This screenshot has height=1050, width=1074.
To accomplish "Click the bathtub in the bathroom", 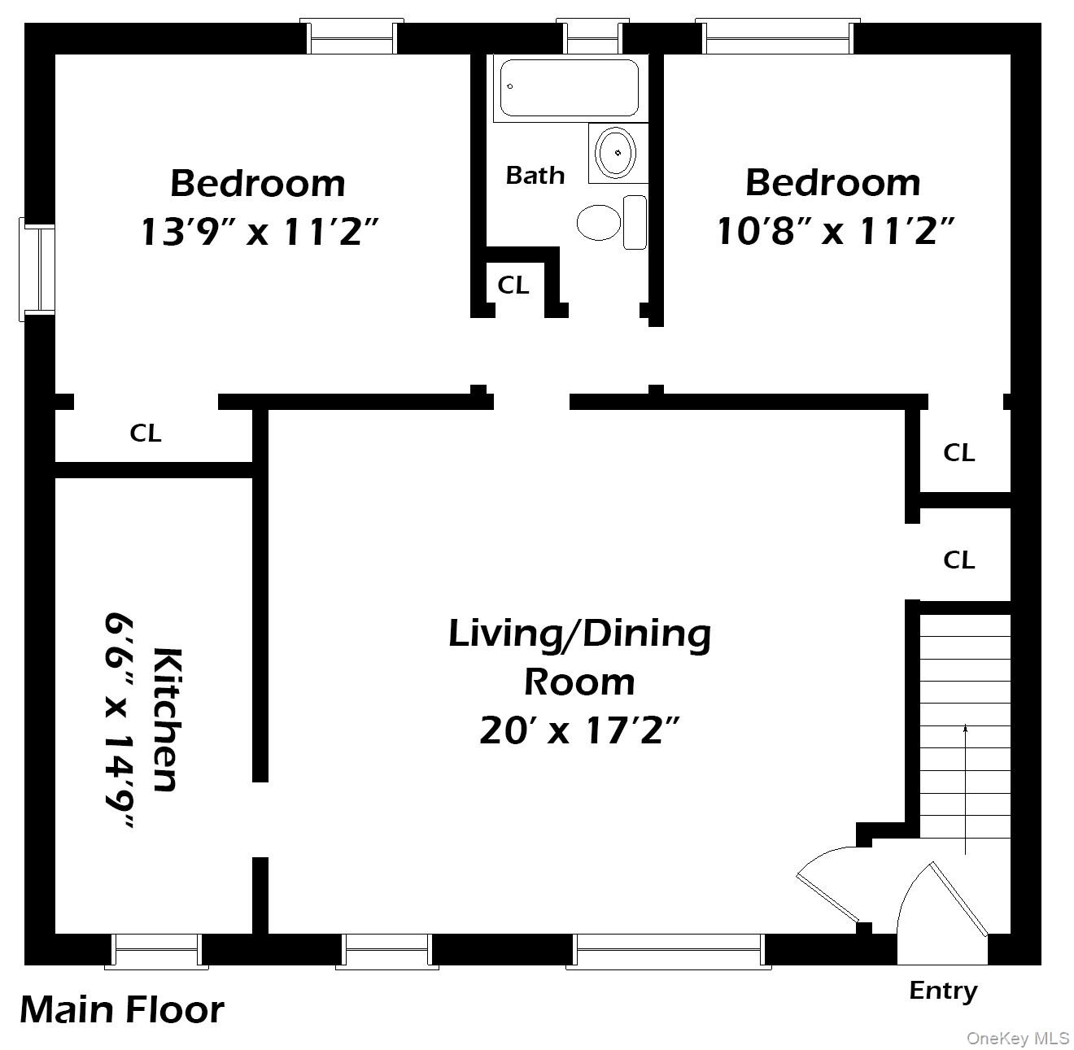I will point(569,88).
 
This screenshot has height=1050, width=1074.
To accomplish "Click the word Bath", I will point(535,175).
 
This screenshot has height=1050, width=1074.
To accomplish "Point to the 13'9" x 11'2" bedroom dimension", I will point(260,232).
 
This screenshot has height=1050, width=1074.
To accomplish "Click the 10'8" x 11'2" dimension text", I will point(833,232).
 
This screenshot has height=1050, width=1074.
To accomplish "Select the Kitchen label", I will point(166,719).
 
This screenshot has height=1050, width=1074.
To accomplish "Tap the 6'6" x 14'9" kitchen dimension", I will point(120,721).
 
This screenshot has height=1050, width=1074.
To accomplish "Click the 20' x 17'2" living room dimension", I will point(578,730).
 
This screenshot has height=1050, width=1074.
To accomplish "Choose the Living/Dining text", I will point(579,634).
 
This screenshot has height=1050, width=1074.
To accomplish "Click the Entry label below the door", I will point(942,991).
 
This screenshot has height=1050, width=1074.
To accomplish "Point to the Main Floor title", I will point(122,1009).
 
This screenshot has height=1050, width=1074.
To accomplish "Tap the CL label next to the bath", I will point(513,285).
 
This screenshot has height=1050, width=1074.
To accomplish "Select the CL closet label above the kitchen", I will point(146,434).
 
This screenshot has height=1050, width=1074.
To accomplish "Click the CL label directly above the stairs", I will point(958,560).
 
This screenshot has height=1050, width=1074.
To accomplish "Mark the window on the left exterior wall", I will point(37,269).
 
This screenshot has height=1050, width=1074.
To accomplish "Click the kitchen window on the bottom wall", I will point(156,950).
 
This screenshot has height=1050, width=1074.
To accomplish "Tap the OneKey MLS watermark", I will point(1017,1038).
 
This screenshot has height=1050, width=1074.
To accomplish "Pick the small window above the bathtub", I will point(592,37).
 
